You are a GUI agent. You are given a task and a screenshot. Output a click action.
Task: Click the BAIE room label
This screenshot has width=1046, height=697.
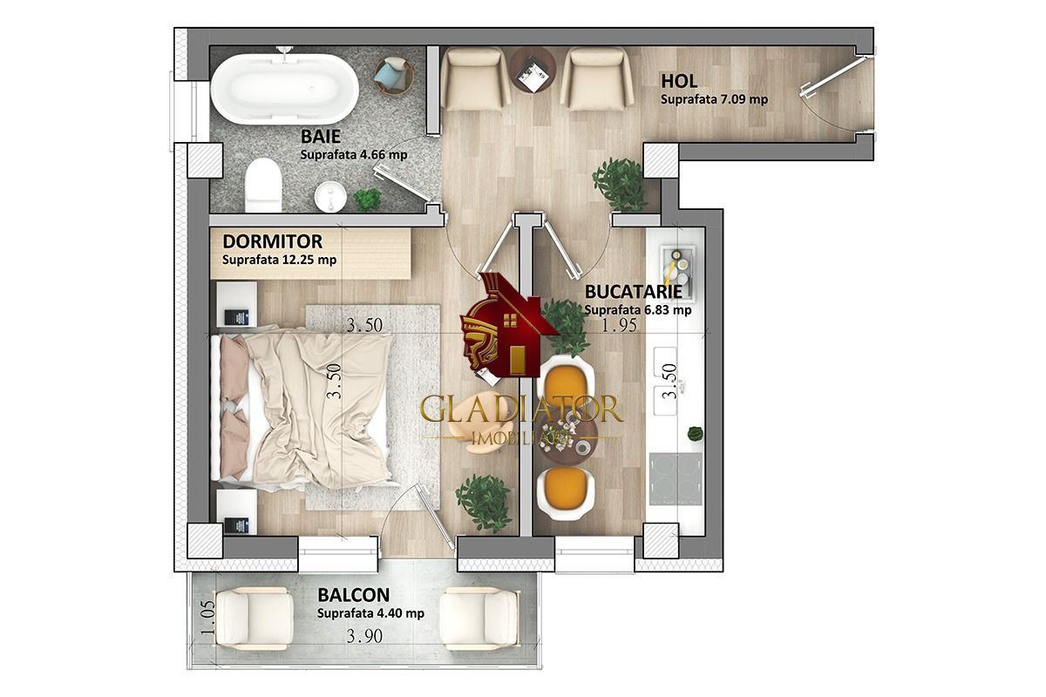pos(320,136)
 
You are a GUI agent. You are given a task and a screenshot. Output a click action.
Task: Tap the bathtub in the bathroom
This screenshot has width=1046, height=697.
pos(284,87)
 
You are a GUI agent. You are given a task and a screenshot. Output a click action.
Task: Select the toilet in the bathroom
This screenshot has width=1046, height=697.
pos(263,187)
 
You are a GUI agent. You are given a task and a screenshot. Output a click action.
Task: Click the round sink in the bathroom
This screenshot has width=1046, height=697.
pos(330,196)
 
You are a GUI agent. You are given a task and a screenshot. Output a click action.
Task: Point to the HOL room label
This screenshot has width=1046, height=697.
pos(679,81)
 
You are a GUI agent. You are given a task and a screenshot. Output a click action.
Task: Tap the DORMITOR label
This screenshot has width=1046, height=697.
pos(272,241)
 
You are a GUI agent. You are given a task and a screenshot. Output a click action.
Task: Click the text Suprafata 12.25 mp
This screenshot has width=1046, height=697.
pos(279,260)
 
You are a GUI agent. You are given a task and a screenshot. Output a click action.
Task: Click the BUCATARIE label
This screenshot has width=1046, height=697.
pos(633,291)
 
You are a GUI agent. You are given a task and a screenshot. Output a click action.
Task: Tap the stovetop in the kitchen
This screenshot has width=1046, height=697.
pos(676,478)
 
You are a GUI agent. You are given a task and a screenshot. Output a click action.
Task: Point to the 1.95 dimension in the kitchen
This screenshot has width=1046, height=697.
pos(620,325)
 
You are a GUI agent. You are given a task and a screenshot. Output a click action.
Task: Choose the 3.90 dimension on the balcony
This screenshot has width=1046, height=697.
pos(363,636)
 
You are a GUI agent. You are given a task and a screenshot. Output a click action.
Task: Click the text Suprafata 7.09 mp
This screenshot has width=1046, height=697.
pos(714,99)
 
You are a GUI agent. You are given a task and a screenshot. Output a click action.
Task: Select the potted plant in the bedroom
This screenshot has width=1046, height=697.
pos(484,500)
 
